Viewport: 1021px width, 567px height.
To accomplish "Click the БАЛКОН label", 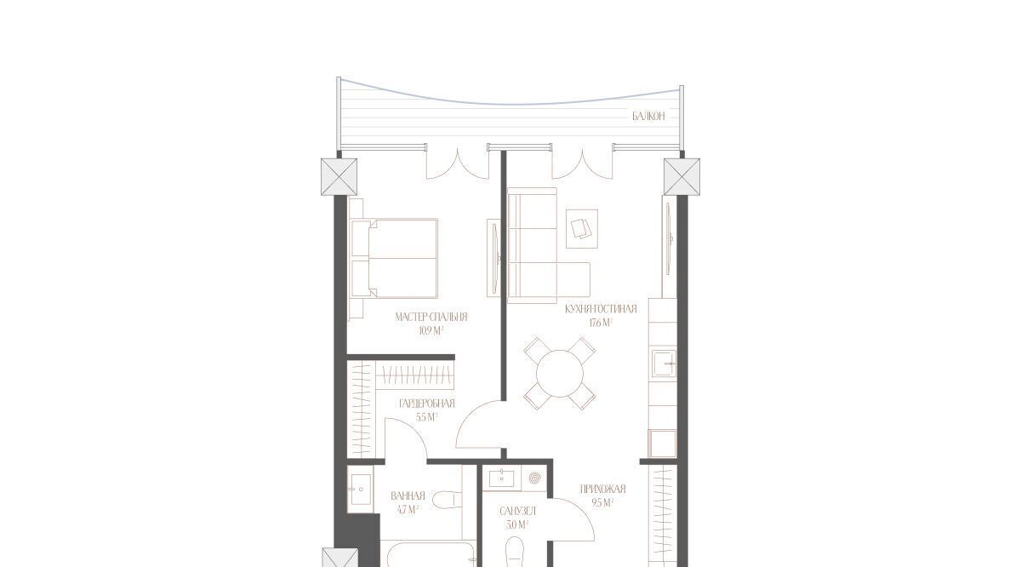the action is (x=648, y=117).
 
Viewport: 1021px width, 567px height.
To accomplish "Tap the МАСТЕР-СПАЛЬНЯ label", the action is (x=431, y=317).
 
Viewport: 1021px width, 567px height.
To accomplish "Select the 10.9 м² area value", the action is (x=431, y=331).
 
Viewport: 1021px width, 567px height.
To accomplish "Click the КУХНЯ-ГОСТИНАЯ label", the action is (x=601, y=309).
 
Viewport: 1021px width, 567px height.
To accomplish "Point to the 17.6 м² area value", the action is (x=601, y=323).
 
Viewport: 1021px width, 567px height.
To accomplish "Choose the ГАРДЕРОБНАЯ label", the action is (x=427, y=404).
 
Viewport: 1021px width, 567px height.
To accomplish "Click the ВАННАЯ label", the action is (x=408, y=495).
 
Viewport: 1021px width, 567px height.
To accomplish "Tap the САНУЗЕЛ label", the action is (x=518, y=512).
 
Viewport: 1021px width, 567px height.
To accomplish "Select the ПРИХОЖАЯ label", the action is (x=602, y=490).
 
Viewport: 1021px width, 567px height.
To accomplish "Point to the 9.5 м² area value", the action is (x=602, y=503).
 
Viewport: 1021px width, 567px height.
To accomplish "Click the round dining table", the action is (x=560, y=374).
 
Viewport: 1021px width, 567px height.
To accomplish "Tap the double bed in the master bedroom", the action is (x=394, y=258).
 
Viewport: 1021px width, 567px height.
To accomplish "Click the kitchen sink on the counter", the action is (x=664, y=364).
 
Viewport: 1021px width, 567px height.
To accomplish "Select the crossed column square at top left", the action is (x=339, y=176).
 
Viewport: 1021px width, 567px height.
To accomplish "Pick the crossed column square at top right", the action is (x=682, y=176).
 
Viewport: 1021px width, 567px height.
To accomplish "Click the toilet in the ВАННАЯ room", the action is (x=448, y=500).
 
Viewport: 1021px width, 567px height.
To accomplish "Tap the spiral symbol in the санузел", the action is (x=534, y=478).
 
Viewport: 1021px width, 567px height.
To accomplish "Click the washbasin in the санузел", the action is (x=502, y=478).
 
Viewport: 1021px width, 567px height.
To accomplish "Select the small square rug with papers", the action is (x=582, y=229).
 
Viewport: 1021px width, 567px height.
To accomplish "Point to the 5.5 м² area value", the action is (x=427, y=417).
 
